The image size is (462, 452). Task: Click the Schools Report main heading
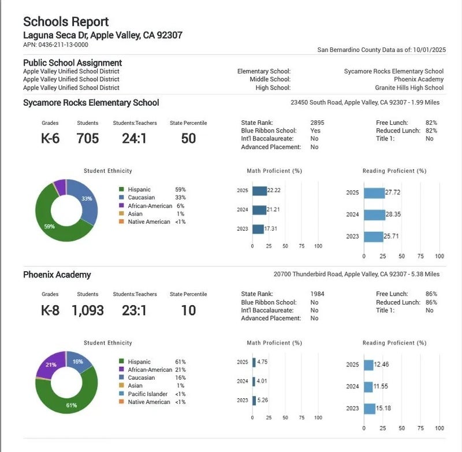coord(66,22)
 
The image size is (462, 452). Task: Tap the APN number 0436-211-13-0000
coord(64,45)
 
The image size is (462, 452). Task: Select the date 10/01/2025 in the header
coord(429,50)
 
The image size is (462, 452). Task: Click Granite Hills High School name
coord(409,88)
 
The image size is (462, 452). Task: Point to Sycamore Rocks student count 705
coord(88,138)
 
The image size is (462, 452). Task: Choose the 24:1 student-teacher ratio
coord(134,138)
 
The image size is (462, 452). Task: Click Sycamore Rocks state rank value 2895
coord(317,123)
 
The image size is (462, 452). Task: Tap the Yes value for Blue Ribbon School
coord(315,131)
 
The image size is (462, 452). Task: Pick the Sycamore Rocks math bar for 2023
coord(258,229)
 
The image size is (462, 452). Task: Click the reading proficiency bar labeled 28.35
coord(374,214)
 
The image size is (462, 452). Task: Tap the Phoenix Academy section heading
coord(57,275)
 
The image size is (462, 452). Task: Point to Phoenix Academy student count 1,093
coord(88,310)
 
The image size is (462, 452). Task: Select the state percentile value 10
coord(188,310)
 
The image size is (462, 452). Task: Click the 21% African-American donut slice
coord(50,364)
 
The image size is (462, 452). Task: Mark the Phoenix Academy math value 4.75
coord(262,362)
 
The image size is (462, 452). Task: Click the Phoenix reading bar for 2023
coord(370,409)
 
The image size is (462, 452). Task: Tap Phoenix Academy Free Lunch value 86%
coord(431,294)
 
